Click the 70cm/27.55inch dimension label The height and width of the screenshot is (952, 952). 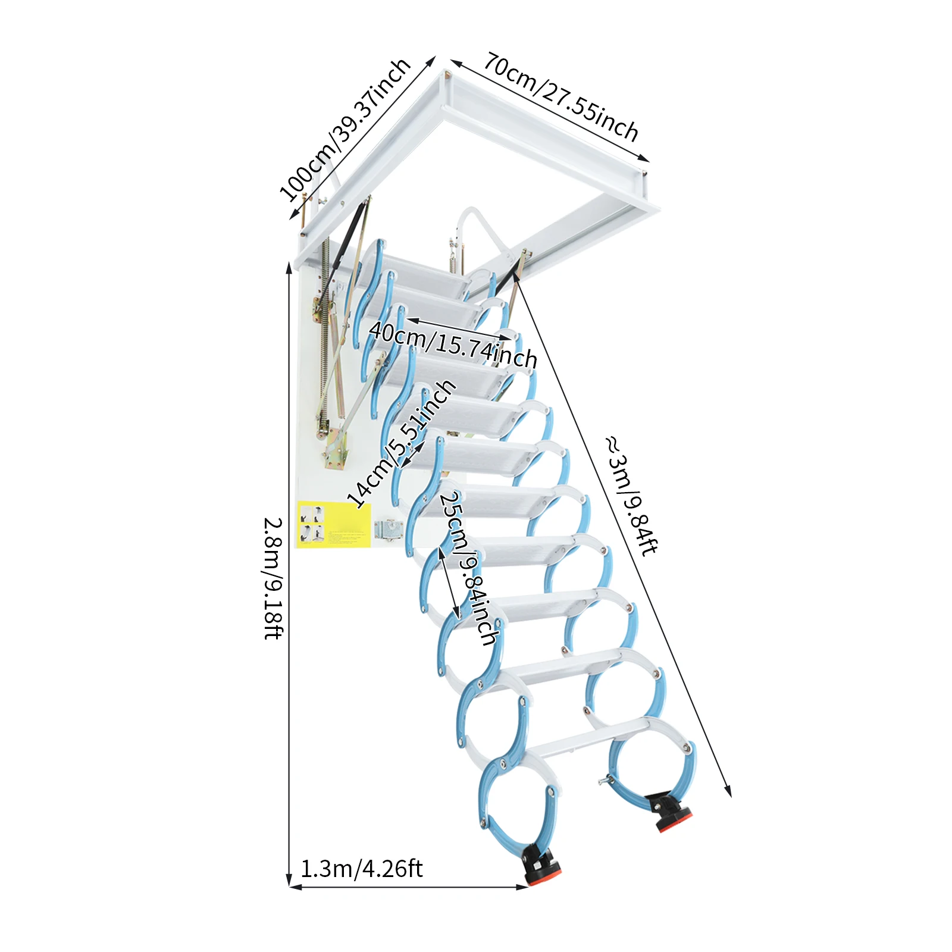560,96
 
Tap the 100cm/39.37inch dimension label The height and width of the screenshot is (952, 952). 345,129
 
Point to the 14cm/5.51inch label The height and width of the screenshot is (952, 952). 402,444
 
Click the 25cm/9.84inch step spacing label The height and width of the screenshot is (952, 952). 468,568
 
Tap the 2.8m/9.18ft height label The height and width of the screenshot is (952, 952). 273,578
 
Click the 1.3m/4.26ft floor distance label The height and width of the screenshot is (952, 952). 361,869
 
